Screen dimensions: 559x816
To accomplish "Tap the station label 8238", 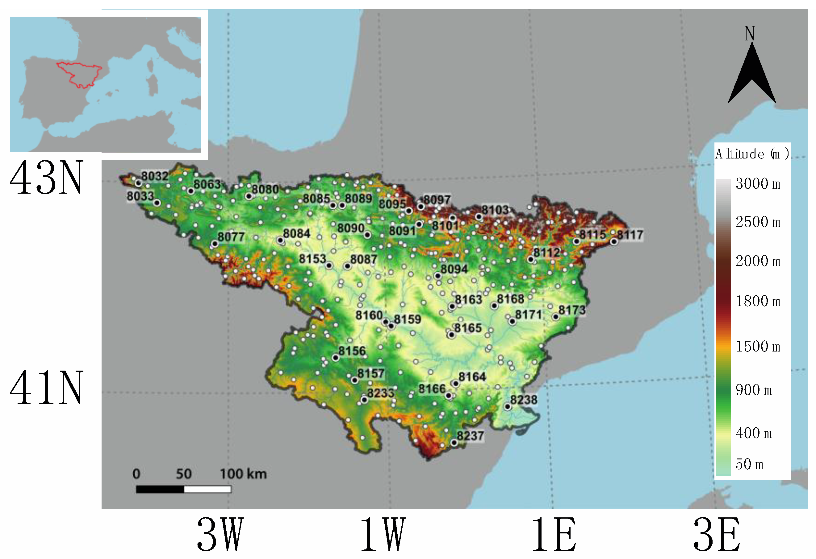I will click(x=524, y=399).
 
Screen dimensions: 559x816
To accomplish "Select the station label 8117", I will click(x=630, y=235).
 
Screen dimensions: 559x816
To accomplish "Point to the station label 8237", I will click(x=470, y=436).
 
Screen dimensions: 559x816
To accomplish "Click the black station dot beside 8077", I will click(x=215, y=243).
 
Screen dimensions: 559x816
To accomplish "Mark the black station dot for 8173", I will click(x=556, y=317).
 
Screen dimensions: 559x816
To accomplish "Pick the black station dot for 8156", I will click(x=336, y=358).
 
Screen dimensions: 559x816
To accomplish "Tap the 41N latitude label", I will click(x=47, y=388).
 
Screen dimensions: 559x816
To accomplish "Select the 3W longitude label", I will click(x=220, y=534).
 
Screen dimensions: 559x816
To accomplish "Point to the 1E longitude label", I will click(x=554, y=534).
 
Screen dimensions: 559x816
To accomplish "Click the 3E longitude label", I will click(x=717, y=534).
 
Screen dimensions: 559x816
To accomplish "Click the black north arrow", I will click(x=751, y=76).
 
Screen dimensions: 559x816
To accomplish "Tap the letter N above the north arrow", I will click(x=750, y=34).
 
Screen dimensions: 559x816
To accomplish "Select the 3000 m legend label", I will click(x=758, y=184).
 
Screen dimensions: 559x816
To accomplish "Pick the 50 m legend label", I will click(x=749, y=464).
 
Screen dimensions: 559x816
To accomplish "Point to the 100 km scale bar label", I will click(x=243, y=474).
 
